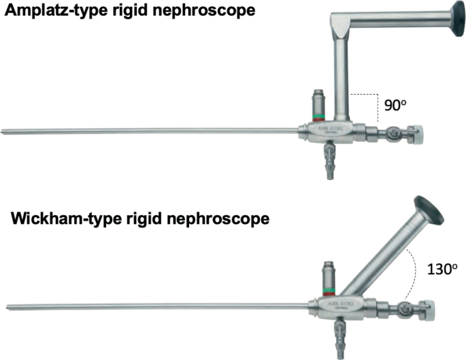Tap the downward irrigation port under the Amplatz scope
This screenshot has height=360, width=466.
[x=331, y=163]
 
